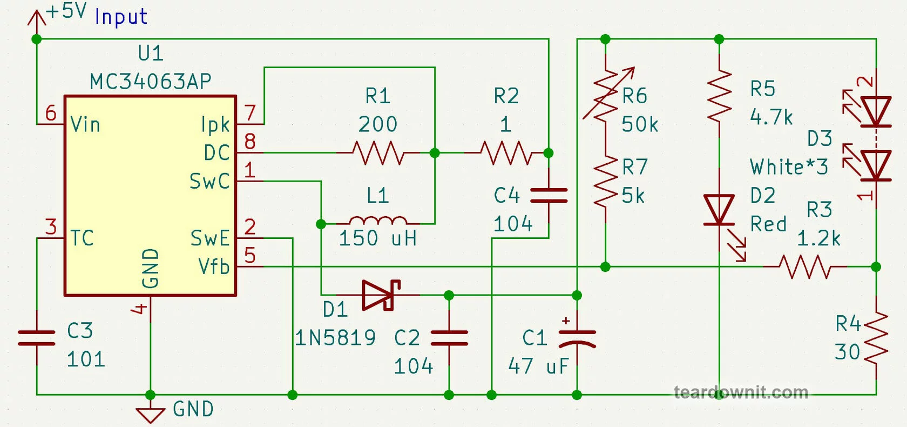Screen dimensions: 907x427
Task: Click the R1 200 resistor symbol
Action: click(378, 153)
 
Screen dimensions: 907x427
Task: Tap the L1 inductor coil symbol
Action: click(378, 220)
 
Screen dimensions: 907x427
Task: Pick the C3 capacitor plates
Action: click(37, 338)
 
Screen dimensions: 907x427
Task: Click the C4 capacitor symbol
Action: click(549, 195)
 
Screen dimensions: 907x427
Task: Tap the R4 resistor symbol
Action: click(876, 338)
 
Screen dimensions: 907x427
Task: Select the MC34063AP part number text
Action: click(151, 82)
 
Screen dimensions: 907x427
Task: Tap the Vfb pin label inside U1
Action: click(214, 267)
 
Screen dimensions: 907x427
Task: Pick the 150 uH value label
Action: click(378, 238)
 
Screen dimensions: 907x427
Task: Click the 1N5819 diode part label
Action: click(335, 338)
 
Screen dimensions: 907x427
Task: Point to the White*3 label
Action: click(789, 167)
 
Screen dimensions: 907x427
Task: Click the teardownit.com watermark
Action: click(741, 392)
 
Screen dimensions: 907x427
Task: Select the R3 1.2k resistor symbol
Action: click(806, 267)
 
